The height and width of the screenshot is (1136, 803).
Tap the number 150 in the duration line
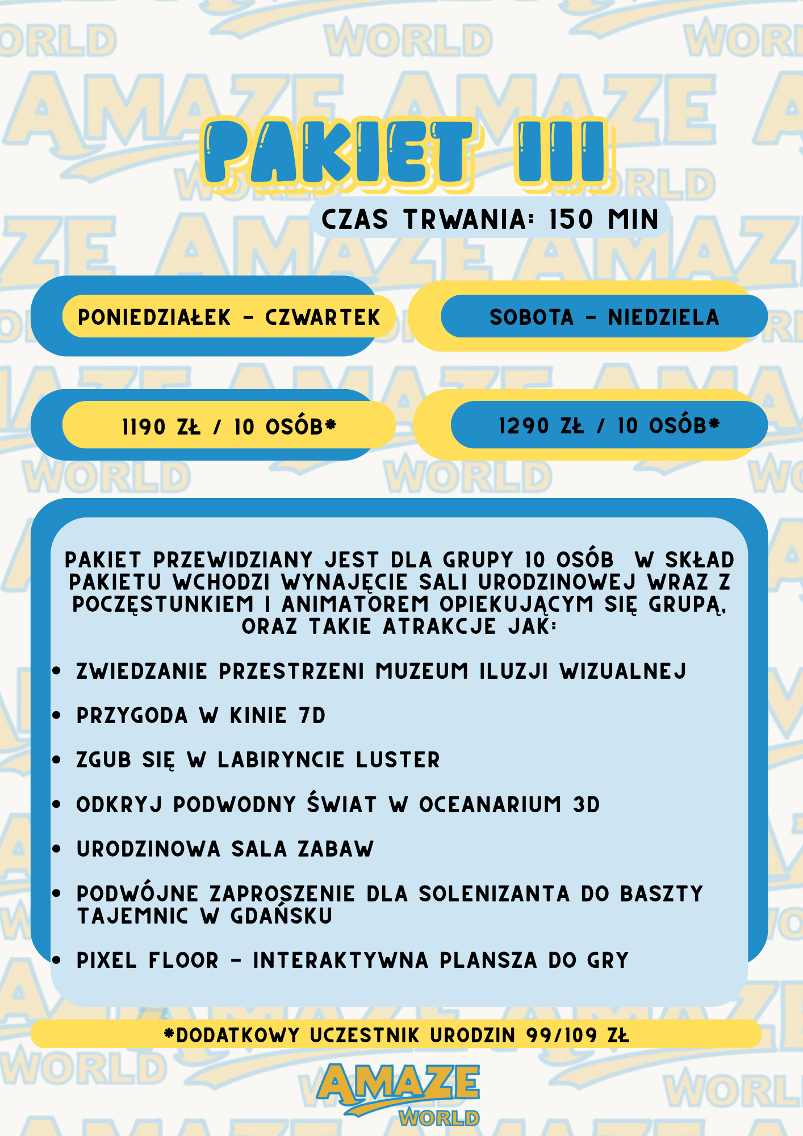coord(571,220)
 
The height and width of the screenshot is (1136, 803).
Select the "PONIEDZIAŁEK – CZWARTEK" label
coord(228,317)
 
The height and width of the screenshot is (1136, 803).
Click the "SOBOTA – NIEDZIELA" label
coord(604,317)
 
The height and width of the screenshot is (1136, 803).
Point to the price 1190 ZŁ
coord(161,427)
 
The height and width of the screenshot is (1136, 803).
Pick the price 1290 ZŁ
coord(541,426)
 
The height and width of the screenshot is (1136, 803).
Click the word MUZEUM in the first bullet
coord(422,671)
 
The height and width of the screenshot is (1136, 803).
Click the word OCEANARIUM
coord(490,804)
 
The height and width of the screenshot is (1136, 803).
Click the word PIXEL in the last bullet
coord(107,960)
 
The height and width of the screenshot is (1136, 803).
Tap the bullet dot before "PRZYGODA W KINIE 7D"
coord(56,716)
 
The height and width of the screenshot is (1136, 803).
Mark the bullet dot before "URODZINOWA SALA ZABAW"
coord(56,849)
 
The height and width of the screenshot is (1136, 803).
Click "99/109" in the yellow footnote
coord(562,1035)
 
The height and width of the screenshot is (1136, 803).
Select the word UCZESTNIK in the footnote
coord(364,1035)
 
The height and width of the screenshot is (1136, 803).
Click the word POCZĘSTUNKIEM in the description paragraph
coord(163,604)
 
